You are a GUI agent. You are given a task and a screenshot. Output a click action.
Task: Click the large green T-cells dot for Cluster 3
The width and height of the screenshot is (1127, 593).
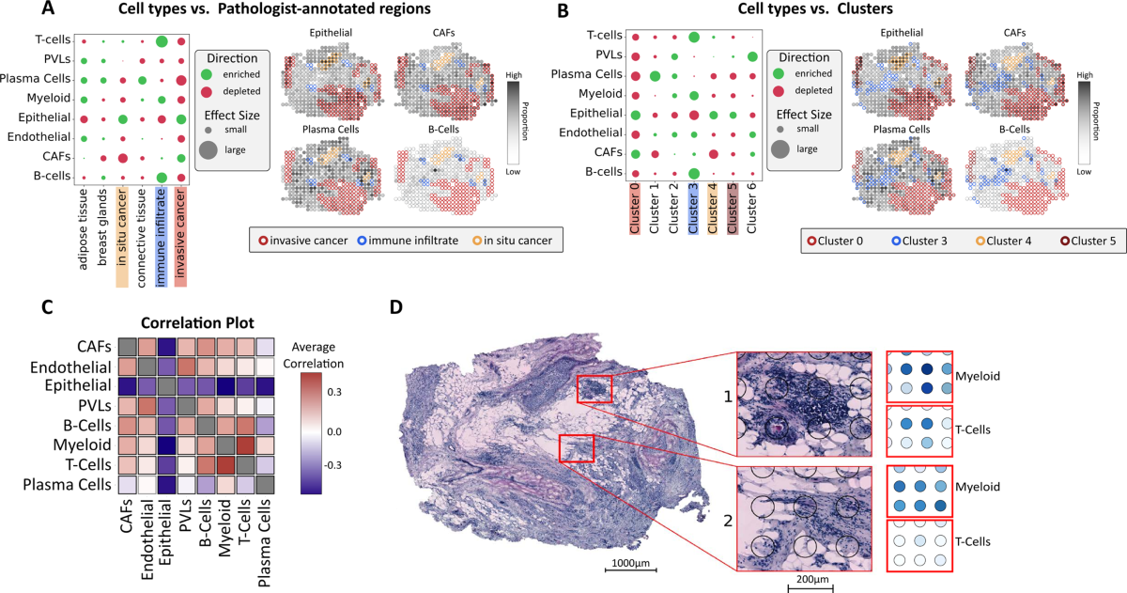coord(693,37)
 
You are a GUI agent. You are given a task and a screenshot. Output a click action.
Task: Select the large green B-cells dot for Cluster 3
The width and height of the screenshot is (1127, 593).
coord(693,173)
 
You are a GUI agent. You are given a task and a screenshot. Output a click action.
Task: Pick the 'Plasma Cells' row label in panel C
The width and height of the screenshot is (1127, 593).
coord(69,484)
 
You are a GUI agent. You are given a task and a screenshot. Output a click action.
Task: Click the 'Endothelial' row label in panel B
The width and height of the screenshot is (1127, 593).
coord(585,133)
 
